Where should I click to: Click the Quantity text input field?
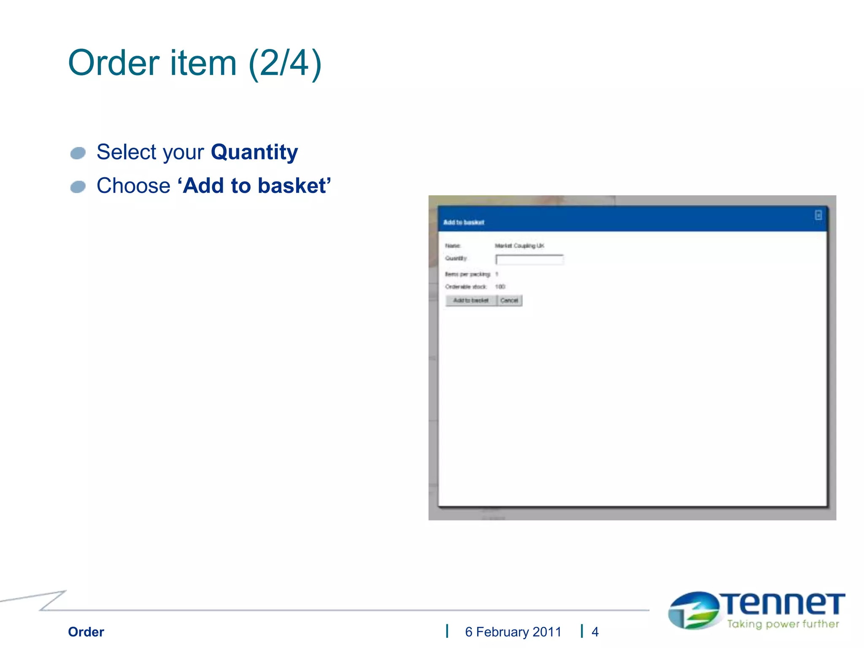click(x=529, y=259)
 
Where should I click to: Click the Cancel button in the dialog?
click(x=509, y=300)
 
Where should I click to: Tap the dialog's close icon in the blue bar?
click(x=818, y=216)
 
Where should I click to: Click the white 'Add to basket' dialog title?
click(x=464, y=222)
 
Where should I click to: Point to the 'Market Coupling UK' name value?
click(x=519, y=246)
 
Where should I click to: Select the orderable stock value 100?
click(x=500, y=287)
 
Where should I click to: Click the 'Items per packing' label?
click(x=467, y=274)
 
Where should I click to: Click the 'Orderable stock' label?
click(x=466, y=287)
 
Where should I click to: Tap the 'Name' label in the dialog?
click(x=453, y=246)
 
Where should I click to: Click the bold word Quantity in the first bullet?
click(x=254, y=152)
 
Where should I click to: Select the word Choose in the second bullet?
click(x=133, y=186)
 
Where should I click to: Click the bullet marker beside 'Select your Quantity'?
click(x=78, y=153)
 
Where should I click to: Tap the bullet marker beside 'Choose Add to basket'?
click(x=78, y=187)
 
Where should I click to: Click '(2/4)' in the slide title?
click(x=285, y=63)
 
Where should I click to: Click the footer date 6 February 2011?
click(x=513, y=632)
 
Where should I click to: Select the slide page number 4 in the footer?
click(x=595, y=632)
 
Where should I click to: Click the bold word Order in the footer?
click(x=86, y=632)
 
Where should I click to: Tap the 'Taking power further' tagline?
click(x=783, y=624)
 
